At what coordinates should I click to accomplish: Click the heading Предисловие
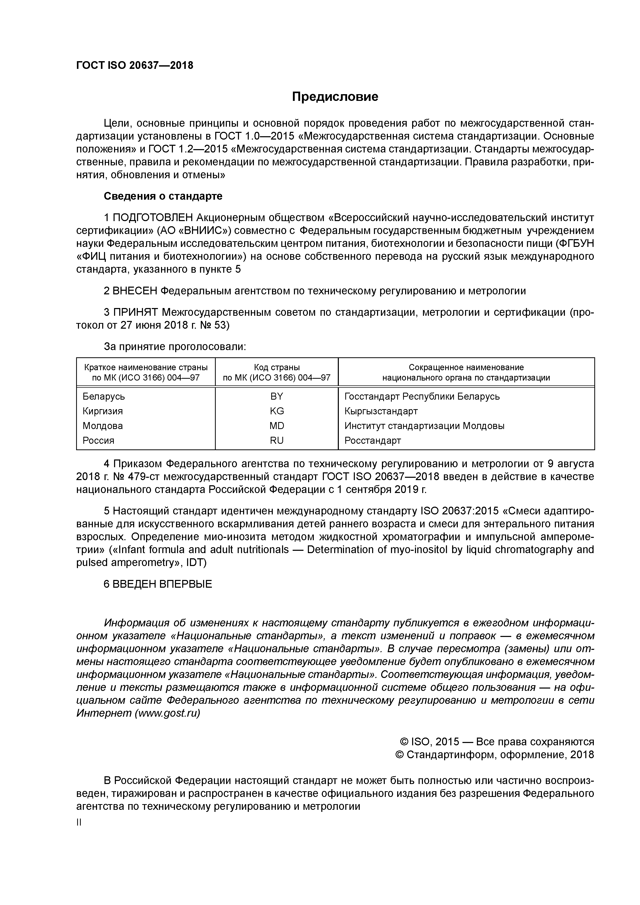(x=335, y=96)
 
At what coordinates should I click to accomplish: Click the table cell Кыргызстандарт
(x=381, y=411)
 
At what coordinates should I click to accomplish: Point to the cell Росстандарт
(x=373, y=440)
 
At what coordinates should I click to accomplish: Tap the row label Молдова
(x=102, y=426)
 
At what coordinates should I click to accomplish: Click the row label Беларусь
(x=104, y=396)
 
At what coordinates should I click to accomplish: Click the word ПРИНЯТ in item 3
(x=135, y=313)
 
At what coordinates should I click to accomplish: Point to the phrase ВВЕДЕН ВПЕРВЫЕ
(x=162, y=584)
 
